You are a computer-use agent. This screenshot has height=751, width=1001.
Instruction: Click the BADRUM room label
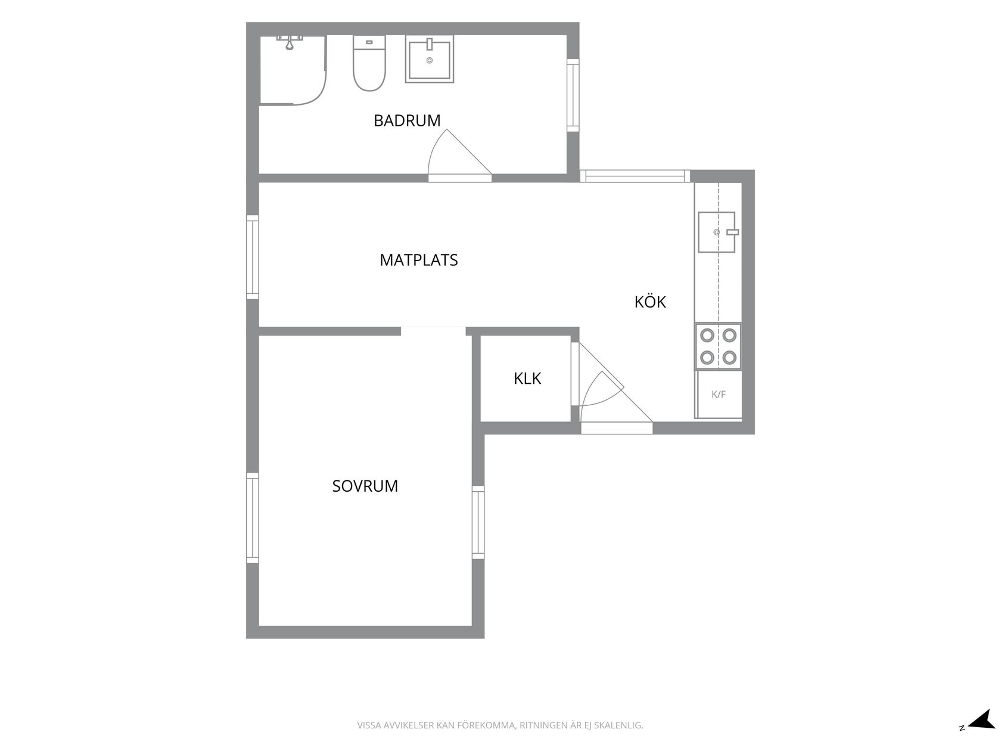pos(407,120)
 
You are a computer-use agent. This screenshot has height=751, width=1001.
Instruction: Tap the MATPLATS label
pos(419,260)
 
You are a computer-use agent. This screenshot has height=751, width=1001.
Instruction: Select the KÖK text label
pos(650,302)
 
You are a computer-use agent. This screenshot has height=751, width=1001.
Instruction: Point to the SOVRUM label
pos(365,486)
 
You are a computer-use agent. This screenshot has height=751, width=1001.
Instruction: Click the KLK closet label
pos(527,378)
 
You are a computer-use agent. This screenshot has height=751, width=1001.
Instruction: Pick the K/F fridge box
pos(718,395)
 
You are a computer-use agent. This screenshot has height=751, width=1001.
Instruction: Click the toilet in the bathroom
pos(369,63)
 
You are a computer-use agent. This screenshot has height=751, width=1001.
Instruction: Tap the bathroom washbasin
pos(430,59)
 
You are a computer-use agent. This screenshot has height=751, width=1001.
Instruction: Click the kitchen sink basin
pos(716,232)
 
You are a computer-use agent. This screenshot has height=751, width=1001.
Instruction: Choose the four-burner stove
pos(718,346)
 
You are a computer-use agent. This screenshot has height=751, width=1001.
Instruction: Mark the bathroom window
pos(573,95)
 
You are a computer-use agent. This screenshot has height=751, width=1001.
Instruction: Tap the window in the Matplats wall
pos(253,257)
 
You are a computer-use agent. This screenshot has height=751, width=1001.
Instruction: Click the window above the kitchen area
pos(635,176)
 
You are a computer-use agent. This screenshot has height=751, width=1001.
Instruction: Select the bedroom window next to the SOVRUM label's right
pos(478,522)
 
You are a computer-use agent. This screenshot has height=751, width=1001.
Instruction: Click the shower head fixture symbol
pos(290,42)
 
